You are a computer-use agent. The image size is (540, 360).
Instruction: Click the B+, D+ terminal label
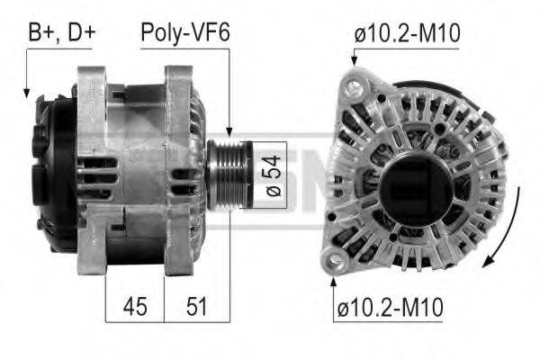pos(61,33)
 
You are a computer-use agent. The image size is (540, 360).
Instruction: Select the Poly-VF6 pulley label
pos(184,33)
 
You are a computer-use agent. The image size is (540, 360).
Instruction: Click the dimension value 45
pos(135,306)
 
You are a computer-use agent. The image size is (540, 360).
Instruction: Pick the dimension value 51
pos(195,306)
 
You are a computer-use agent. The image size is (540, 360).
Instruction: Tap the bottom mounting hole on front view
pos(337,262)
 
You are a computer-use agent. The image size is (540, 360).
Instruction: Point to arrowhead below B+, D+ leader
pos(27,92)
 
